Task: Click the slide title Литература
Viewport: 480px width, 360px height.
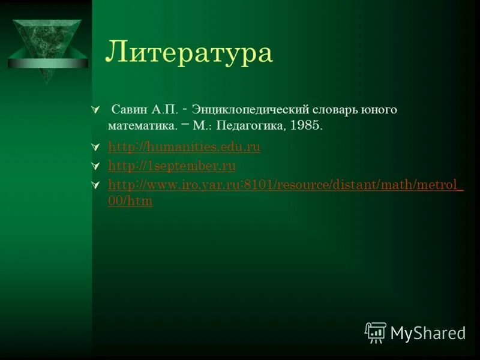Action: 189,53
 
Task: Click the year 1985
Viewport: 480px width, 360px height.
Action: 306,127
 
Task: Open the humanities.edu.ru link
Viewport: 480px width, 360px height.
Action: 184,148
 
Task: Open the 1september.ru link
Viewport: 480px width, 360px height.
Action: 172,166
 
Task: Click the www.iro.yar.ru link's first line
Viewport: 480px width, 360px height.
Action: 286,185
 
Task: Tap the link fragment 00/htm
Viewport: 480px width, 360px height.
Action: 130,202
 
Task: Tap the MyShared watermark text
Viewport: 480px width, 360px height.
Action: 428,333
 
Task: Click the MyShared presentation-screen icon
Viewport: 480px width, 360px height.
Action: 376,332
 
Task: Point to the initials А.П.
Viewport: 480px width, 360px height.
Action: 164,110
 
